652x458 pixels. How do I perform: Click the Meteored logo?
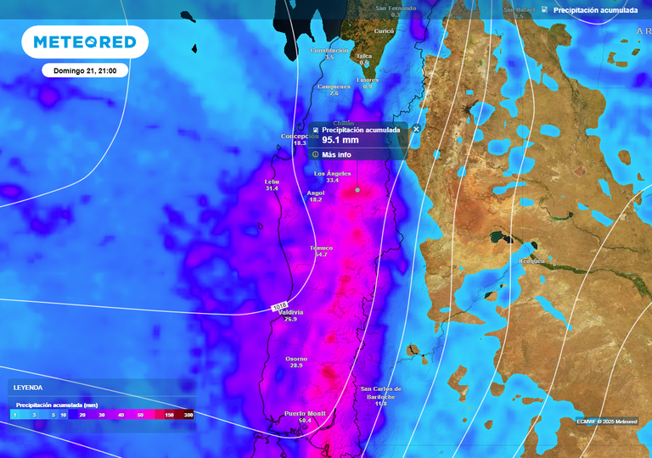click(x=84, y=42)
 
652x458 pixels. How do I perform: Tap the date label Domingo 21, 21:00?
click(x=85, y=70)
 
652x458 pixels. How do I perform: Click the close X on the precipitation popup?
click(x=416, y=129)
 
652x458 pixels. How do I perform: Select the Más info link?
click(x=336, y=154)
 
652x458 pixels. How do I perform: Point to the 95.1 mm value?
click(x=340, y=140)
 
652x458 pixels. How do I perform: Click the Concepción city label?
click(x=300, y=137)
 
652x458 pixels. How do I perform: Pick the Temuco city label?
click(x=321, y=249)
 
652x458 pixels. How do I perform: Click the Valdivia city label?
click(x=291, y=312)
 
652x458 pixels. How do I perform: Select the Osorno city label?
click(x=296, y=359)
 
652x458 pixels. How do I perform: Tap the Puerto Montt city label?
click(x=305, y=414)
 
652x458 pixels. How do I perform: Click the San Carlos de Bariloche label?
click(x=380, y=392)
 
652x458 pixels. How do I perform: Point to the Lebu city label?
click(x=272, y=182)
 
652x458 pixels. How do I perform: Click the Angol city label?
click(x=315, y=193)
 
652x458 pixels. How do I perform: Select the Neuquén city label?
click(x=531, y=261)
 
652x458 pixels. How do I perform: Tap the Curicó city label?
click(x=385, y=31)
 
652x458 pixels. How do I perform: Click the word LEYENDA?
click(x=29, y=388)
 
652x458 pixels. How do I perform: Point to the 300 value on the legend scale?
click(x=188, y=415)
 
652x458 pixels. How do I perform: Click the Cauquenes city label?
click(x=333, y=87)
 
